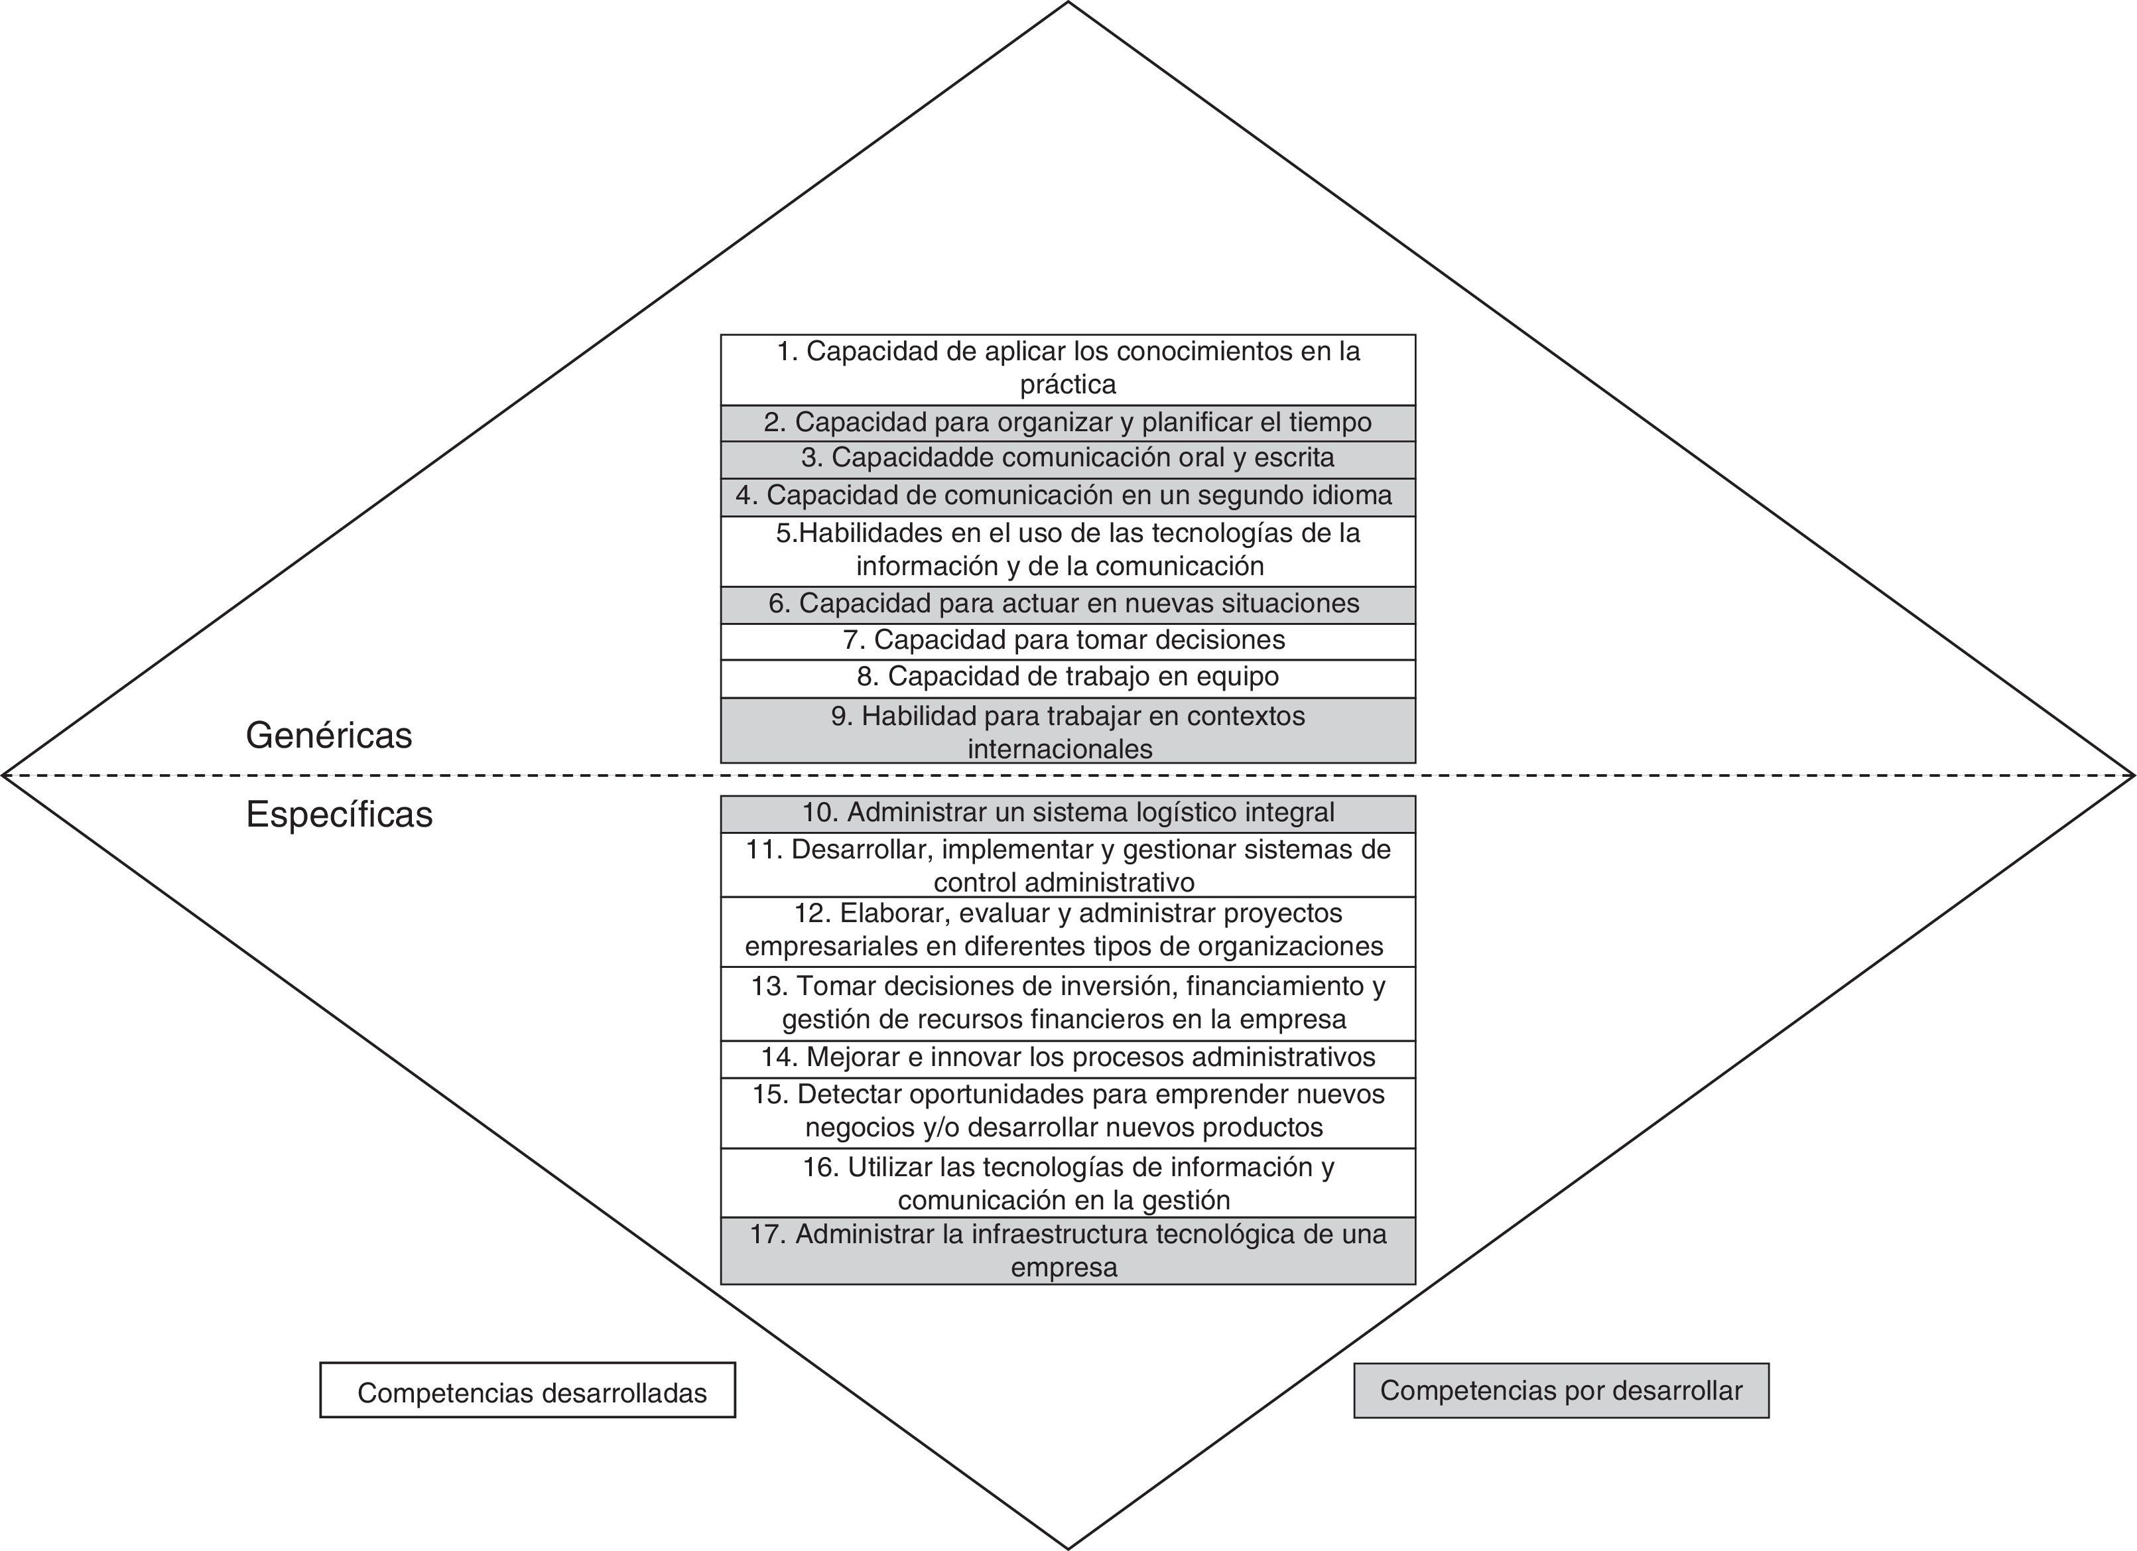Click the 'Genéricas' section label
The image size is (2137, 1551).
[329, 735]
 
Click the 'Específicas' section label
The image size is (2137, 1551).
[339, 814]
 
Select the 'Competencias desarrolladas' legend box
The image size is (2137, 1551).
[528, 1390]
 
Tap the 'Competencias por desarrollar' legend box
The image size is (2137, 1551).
[1561, 1390]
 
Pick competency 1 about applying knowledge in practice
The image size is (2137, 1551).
[1068, 368]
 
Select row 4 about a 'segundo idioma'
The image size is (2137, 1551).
[1068, 496]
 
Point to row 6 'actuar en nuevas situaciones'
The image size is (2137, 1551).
[1068, 604]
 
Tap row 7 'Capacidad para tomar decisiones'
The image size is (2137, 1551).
[1068, 641]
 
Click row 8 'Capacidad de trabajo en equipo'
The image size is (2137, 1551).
[1068, 677]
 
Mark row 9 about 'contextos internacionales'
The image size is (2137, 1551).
[1068, 731]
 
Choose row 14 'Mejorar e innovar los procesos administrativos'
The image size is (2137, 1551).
[1068, 1057]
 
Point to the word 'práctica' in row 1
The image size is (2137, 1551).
[1068, 385]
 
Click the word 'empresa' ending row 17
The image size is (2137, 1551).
[1064, 1267]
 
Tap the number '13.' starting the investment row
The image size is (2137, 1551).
[769, 986]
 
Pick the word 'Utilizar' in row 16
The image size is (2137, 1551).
[889, 1168]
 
